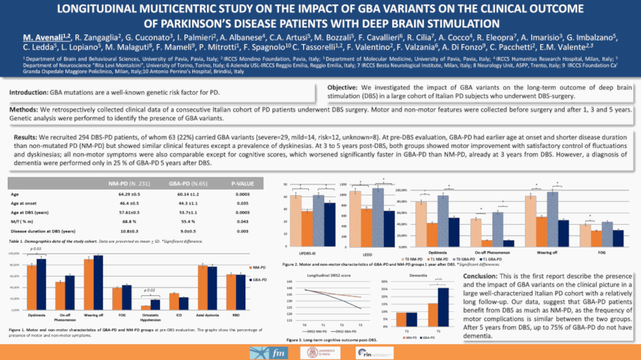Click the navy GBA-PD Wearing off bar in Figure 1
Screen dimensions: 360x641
98,282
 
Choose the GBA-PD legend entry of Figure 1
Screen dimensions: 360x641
259,279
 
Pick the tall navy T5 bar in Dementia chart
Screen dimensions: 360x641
443,307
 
